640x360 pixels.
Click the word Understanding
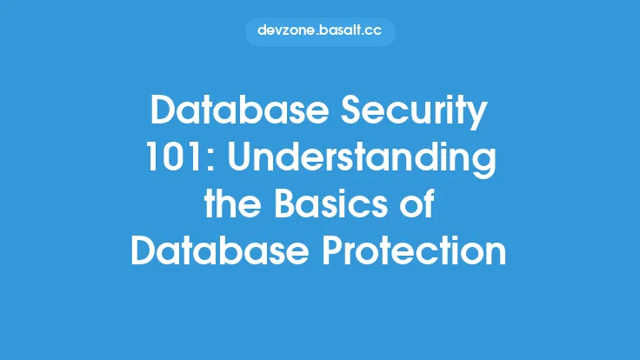pos(357,163)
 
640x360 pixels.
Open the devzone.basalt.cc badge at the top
pos(320,30)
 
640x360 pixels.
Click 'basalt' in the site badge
pos(342,30)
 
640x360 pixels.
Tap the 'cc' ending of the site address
pos(374,30)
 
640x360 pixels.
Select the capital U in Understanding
pos(230,163)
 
